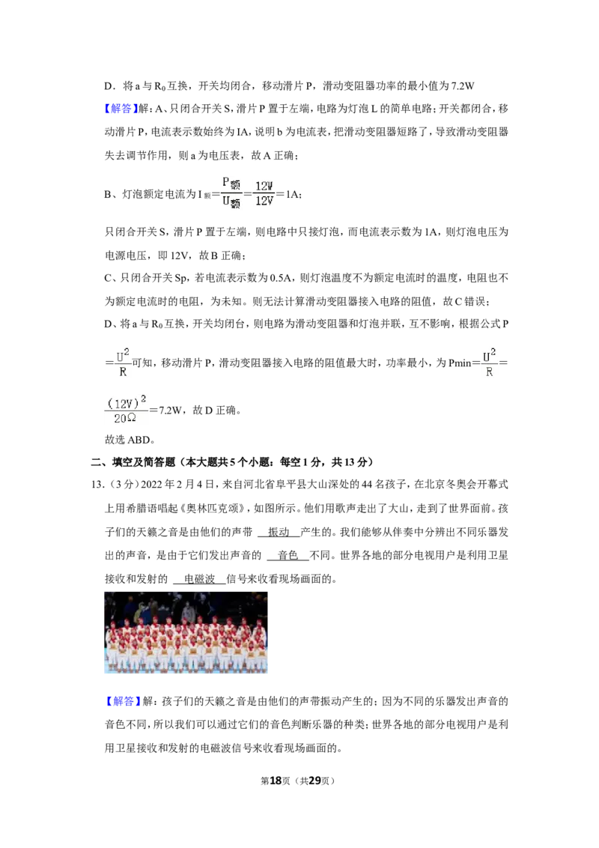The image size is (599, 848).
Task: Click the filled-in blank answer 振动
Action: [279, 532]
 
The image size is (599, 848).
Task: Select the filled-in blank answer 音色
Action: [288, 555]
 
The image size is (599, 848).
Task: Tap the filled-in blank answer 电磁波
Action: [199, 579]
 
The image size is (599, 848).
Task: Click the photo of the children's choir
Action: [186, 632]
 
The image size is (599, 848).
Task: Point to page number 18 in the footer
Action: [276, 781]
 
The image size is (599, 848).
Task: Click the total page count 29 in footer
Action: [314, 781]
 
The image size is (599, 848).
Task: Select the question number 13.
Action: [97, 485]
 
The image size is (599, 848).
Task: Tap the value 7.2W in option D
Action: [462, 86]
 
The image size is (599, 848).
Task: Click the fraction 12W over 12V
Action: [264, 193]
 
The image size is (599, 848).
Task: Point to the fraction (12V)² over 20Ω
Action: [126, 410]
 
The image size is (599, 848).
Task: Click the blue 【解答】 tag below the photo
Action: [123, 701]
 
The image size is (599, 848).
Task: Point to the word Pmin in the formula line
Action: [460, 363]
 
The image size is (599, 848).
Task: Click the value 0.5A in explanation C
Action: [280, 278]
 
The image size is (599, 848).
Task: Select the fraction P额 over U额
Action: [231, 193]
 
